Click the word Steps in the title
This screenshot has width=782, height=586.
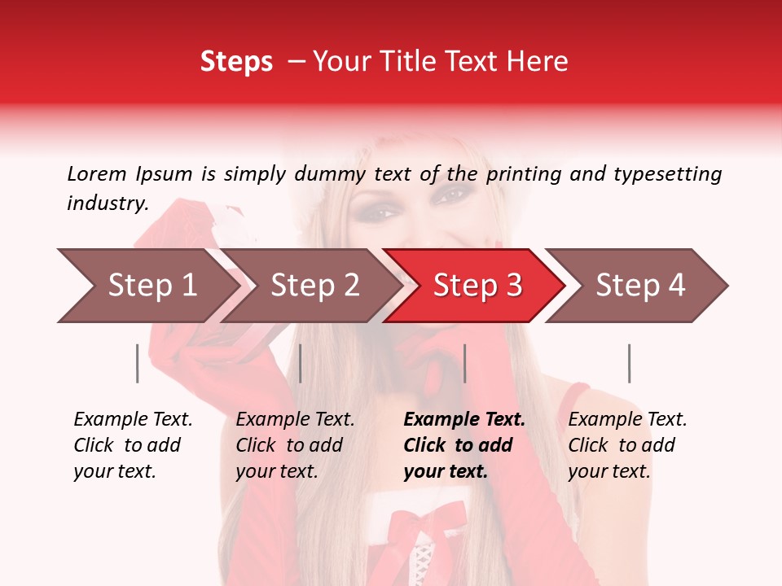point(236,62)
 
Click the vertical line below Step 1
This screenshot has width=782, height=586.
point(138,363)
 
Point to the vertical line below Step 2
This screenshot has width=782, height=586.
point(301,363)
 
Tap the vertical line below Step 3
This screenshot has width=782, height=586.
point(464,363)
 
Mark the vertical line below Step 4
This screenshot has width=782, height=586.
point(629,363)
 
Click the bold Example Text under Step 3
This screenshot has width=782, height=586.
point(464,445)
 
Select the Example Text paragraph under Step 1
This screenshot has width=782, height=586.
point(133,445)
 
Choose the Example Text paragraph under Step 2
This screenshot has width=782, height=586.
point(295,445)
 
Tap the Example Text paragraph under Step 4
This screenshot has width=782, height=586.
point(627,445)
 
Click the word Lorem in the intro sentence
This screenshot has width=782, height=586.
point(97,173)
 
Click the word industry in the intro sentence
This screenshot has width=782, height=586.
point(107,203)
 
